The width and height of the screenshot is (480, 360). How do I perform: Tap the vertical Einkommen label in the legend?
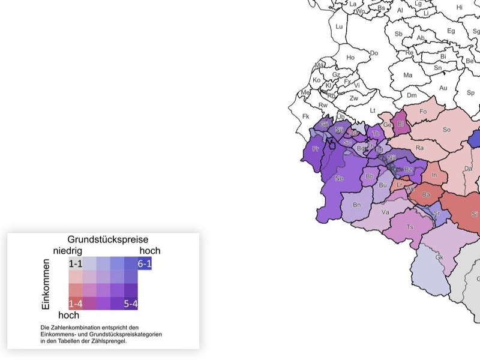46,284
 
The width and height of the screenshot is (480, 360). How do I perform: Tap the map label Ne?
340,179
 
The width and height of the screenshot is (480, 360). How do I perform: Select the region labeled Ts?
410,227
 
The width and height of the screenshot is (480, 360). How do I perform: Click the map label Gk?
439,257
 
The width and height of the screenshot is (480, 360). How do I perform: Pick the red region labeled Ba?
427,195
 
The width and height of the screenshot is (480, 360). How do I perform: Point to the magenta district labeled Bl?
401,124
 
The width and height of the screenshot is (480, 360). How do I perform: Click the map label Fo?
423,112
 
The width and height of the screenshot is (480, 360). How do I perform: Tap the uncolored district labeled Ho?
351,58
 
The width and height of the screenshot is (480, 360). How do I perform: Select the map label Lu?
339,26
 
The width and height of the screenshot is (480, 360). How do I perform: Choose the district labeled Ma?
408,75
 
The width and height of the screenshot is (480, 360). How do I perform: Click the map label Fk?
306,116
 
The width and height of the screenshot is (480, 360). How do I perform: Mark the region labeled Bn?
357,205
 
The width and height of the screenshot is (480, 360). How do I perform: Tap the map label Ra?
420,148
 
